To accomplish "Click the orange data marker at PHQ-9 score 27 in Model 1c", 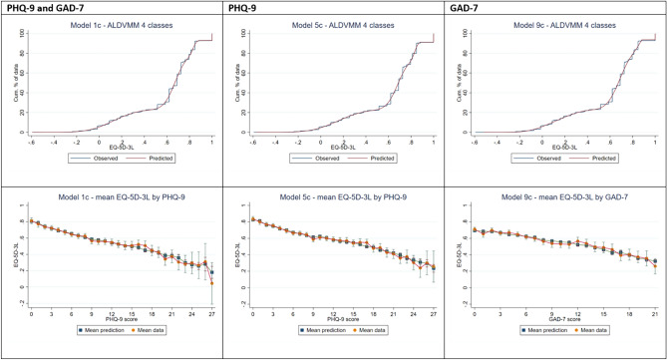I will pyautogui.click(x=212, y=284).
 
